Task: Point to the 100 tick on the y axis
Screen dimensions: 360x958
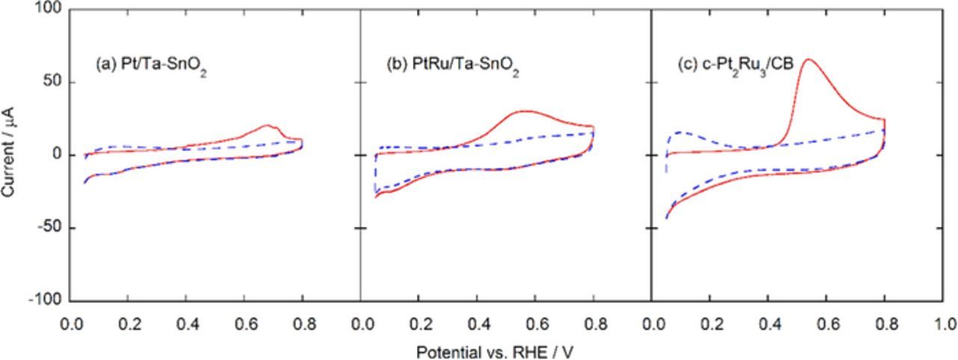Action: pyautogui.click(x=52, y=10)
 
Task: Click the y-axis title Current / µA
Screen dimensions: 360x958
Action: pyautogui.click(x=10, y=155)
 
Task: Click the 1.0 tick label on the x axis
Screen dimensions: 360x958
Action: pyautogui.click(x=946, y=325)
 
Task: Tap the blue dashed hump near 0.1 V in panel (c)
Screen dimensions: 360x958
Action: pyautogui.click(x=680, y=132)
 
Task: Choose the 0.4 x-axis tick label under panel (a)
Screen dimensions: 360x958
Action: pyautogui.click(x=187, y=325)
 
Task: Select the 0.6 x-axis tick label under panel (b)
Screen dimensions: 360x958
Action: pyautogui.click(x=535, y=325)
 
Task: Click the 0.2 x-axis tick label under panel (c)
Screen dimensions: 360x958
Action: pyautogui.click(x=710, y=325)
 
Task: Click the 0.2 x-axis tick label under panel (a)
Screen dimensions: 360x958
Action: pyautogui.click(x=129, y=325)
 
